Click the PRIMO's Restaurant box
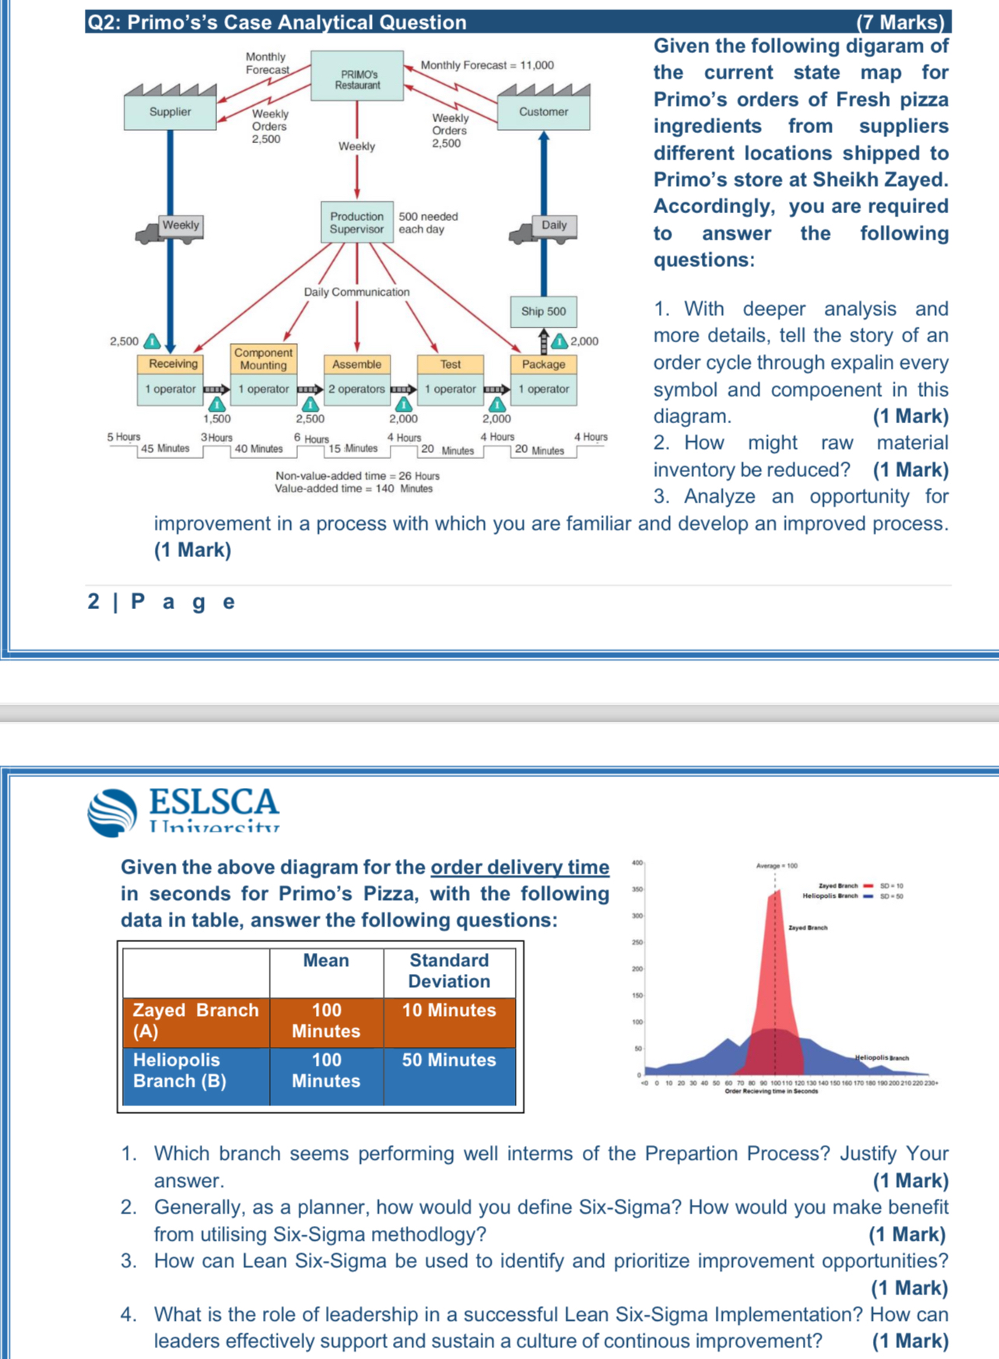(x=357, y=75)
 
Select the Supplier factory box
(x=170, y=112)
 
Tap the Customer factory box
(x=543, y=112)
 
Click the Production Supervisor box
(x=356, y=222)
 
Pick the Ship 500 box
(x=543, y=311)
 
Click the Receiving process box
(x=173, y=364)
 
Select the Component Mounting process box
(x=263, y=359)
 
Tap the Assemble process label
(x=356, y=364)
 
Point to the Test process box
(x=450, y=364)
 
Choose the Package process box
(x=543, y=364)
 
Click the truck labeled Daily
(x=545, y=228)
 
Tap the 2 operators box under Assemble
(x=356, y=389)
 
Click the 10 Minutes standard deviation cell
(x=449, y=1010)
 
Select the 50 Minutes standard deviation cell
(x=449, y=1060)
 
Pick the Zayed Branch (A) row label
(x=195, y=1021)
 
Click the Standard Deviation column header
(x=449, y=971)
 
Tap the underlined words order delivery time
(x=520, y=867)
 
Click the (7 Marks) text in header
(x=900, y=23)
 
